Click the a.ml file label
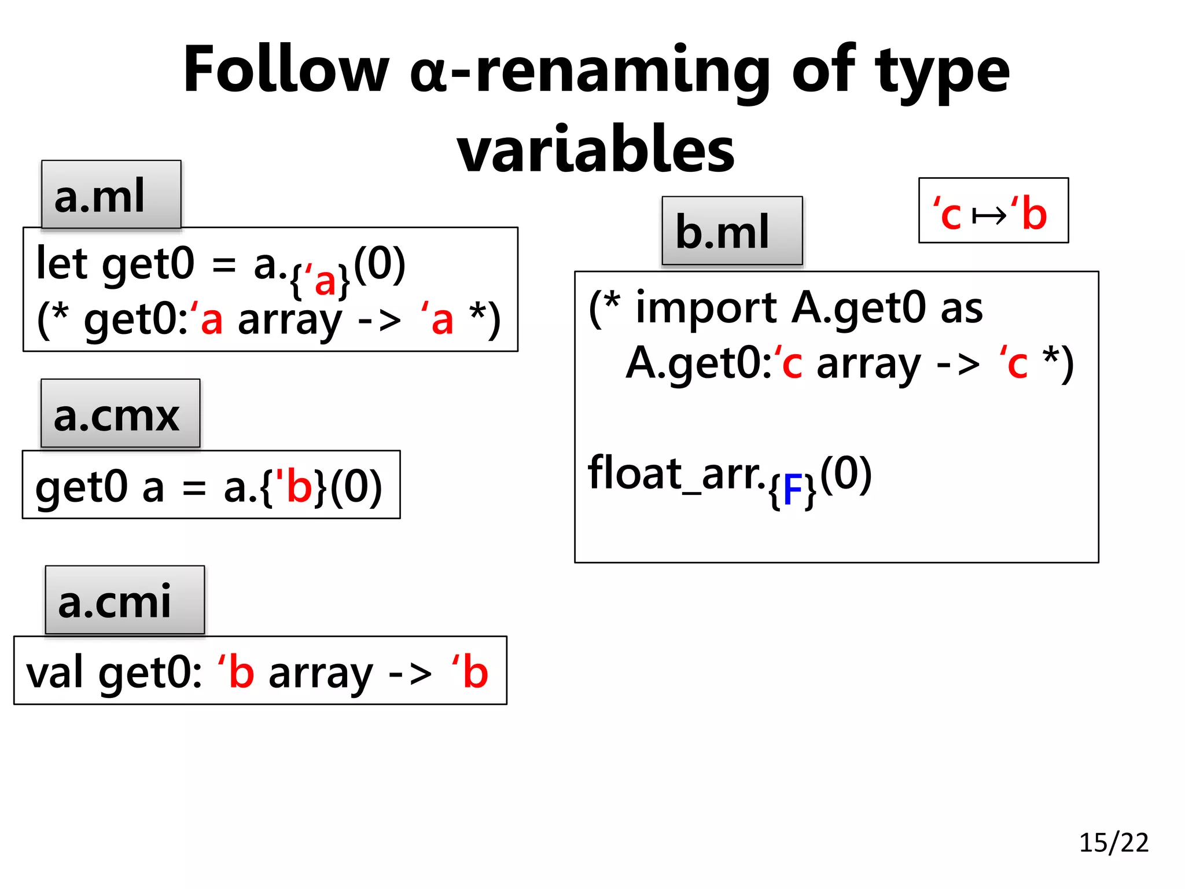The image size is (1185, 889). click(x=111, y=195)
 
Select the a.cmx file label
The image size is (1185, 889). click(x=120, y=414)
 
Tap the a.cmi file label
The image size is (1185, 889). click(x=124, y=600)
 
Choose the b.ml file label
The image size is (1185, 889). click(x=732, y=231)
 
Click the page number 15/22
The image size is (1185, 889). click(x=1113, y=843)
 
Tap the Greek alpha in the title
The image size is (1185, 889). click(x=429, y=75)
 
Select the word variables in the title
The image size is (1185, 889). click(x=595, y=149)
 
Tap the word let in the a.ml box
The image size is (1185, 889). click(x=62, y=263)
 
